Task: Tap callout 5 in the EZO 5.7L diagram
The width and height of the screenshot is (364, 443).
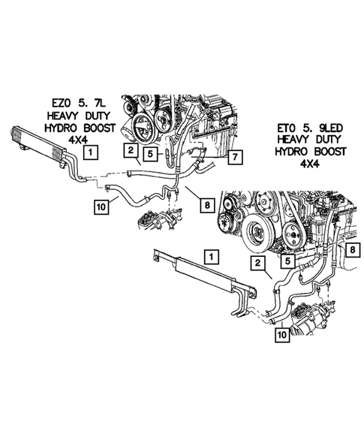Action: point(150,155)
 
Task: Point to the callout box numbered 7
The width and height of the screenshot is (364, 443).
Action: point(233,158)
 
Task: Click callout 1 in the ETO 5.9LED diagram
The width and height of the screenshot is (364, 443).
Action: point(213,257)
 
